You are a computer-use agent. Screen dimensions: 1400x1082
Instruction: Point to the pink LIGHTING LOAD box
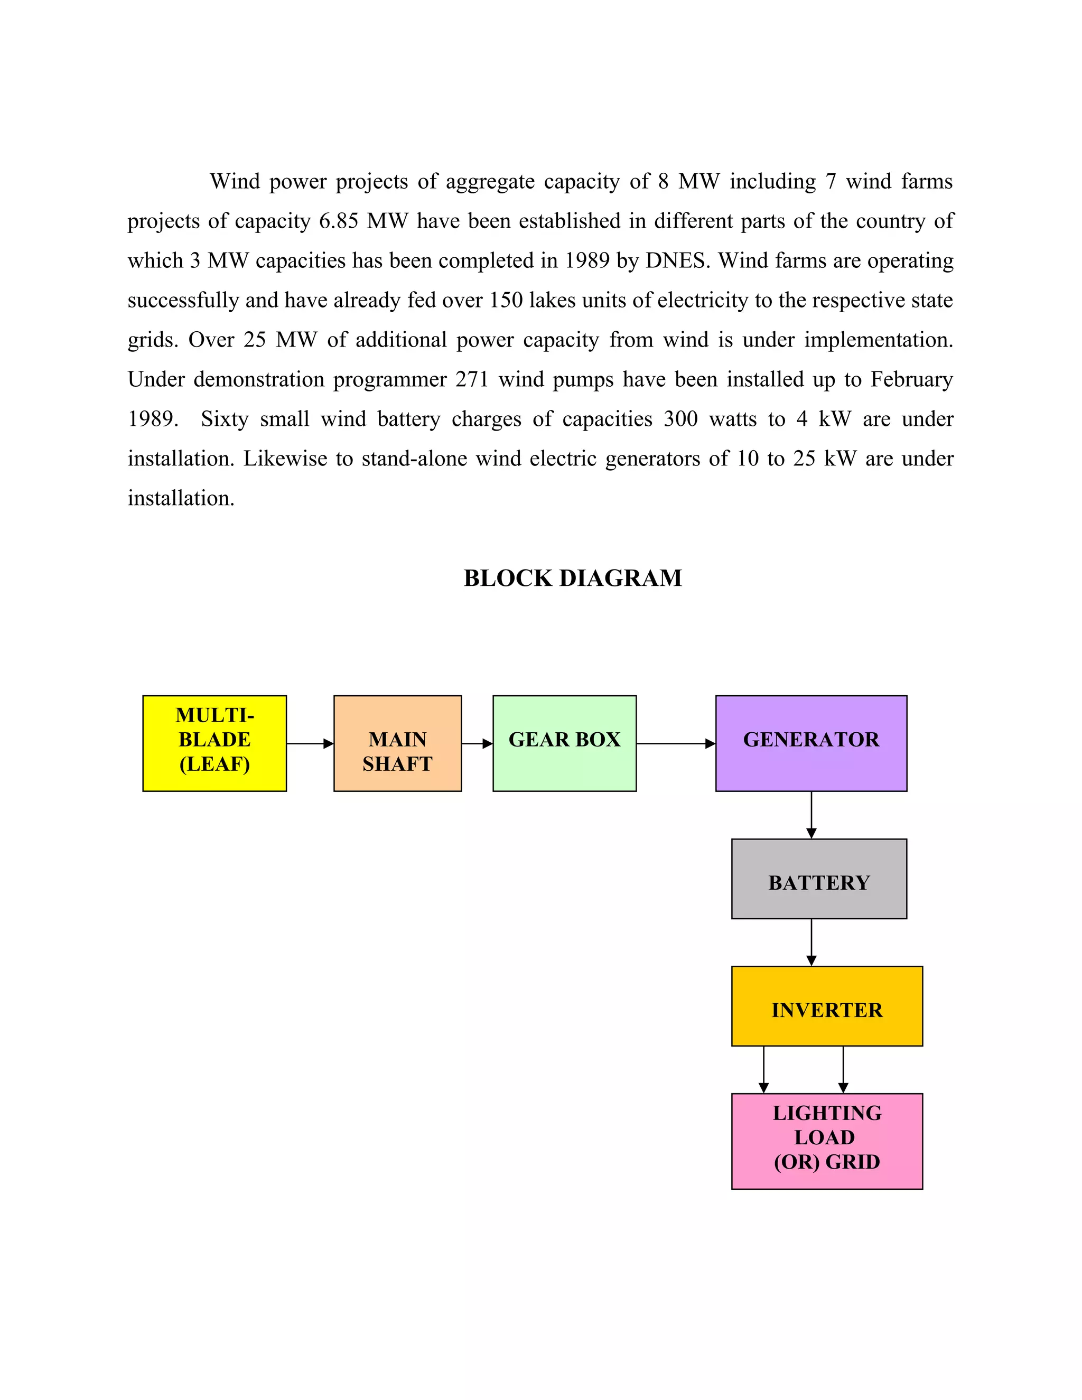827,1141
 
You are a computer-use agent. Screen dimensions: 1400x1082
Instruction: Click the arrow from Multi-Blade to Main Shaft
310,744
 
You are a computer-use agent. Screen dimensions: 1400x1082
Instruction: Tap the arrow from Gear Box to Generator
676,744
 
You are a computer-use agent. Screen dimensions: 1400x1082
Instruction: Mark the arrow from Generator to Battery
811,814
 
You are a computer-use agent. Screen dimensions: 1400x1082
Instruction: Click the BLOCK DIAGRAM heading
572,578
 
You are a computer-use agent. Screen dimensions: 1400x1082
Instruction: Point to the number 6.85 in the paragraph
339,221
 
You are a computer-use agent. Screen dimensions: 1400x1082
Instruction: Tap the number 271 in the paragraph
472,379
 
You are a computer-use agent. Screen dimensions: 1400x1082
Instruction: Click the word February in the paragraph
911,379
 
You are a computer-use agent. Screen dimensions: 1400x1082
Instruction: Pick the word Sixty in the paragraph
225,419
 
